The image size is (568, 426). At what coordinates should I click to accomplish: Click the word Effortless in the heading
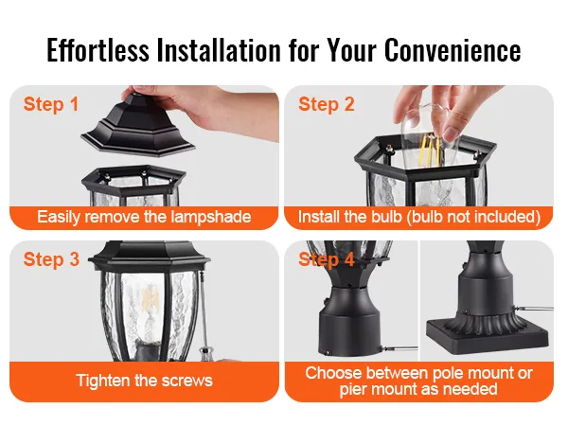98,49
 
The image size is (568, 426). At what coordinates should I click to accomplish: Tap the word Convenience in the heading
453,49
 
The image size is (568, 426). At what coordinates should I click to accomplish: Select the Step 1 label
51,104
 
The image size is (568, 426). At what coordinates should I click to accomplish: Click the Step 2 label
327,104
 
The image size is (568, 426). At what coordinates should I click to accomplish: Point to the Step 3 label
51,259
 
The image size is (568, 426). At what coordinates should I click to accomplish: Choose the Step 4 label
327,259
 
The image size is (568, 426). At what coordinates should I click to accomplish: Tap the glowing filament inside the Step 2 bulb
430,148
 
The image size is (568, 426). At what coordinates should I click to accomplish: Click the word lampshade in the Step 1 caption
211,217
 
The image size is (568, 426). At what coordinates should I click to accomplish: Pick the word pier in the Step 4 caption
353,390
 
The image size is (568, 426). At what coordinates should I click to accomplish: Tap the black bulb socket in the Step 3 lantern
148,350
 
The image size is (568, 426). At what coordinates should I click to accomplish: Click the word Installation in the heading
219,49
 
